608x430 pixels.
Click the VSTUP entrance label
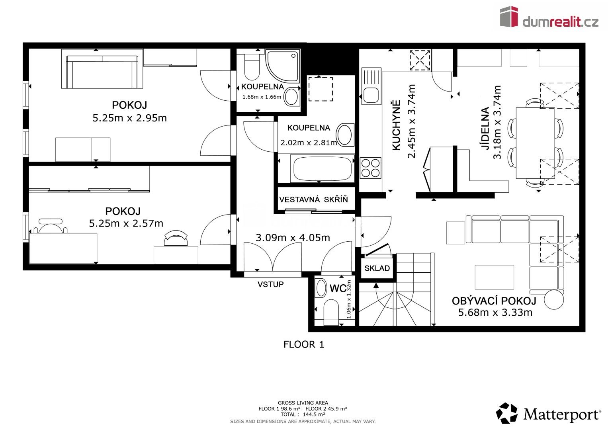pyautogui.click(x=270, y=284)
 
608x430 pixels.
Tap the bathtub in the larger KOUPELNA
pyautogui.click(x=323, y=169)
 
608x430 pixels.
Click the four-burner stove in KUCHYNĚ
pyautogui.click(x=370, y=168)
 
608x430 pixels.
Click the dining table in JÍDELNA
pyautogui.click(x=535, y=143)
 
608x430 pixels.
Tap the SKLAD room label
pyautogui.click(x=377, y=268)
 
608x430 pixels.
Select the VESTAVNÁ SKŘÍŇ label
pyautogui.click(x=313, y=200)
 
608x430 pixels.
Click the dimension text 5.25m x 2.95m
pyautogui.click(x=129, y=118)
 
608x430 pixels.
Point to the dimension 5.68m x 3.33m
pyautogui.click(x=495, y=313)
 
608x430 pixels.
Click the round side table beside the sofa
pyautogui.click(x=554, y=299)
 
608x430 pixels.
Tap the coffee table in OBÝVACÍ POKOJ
pyautogui.click(x=494, y=277)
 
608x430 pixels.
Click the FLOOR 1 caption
pyautogui.click(x=303, y=344)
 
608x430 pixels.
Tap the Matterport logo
pyautogui.click(x=548, y=414)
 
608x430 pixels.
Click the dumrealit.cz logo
pyautogui.click(x=549, y=17)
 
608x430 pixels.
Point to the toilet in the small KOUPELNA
pyautogui.click(x=251, y=68)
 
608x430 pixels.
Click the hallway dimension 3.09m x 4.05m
pyautogui.click(x=293, y=238)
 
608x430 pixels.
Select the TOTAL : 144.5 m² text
pyautogui.click(x=303, y=414)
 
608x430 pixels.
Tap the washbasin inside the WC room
pyautogui.click(x=321, y=288)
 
